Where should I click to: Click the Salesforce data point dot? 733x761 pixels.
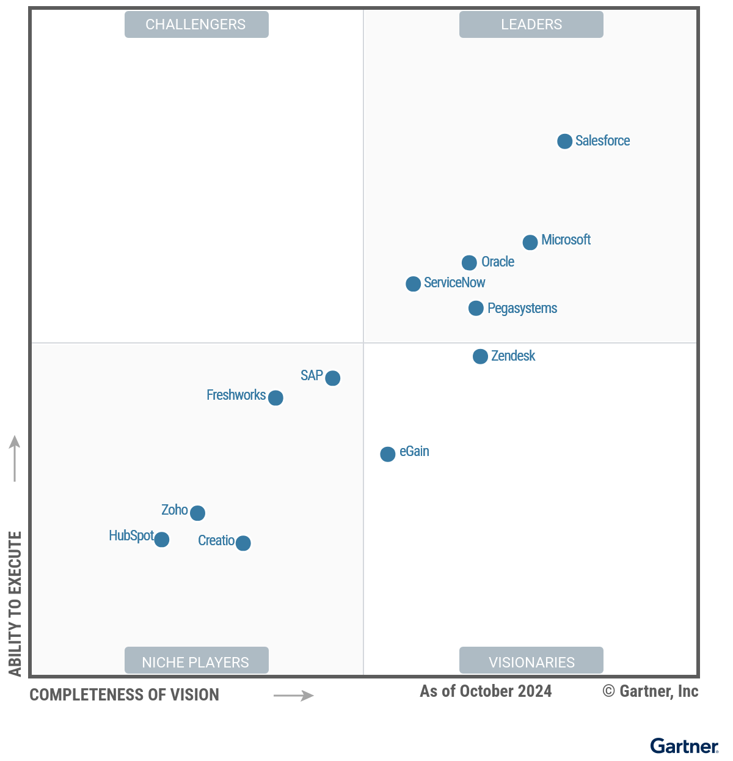565,141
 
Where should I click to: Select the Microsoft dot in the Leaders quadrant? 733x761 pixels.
530,242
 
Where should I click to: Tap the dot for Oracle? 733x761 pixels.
469,263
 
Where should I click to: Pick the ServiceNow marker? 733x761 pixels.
414,284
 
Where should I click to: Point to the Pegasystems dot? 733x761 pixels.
476,308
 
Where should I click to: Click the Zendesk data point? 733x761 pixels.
481,356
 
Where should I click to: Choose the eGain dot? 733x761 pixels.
388,454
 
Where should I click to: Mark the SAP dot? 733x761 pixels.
333,378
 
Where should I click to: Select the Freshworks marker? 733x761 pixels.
276,398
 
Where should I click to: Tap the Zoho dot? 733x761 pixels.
197,513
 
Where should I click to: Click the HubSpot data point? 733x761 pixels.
162,540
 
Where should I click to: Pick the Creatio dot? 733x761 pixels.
243,543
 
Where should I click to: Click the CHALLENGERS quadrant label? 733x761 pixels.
196,24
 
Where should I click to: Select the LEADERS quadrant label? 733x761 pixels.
531,24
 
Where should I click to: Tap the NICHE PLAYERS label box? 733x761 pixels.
196,661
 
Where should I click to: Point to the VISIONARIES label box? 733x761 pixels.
531,661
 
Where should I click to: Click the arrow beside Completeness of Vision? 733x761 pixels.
294,696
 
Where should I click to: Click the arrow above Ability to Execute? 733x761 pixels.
15,458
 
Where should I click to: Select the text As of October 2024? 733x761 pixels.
486,691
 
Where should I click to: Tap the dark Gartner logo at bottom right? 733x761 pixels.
684,746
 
